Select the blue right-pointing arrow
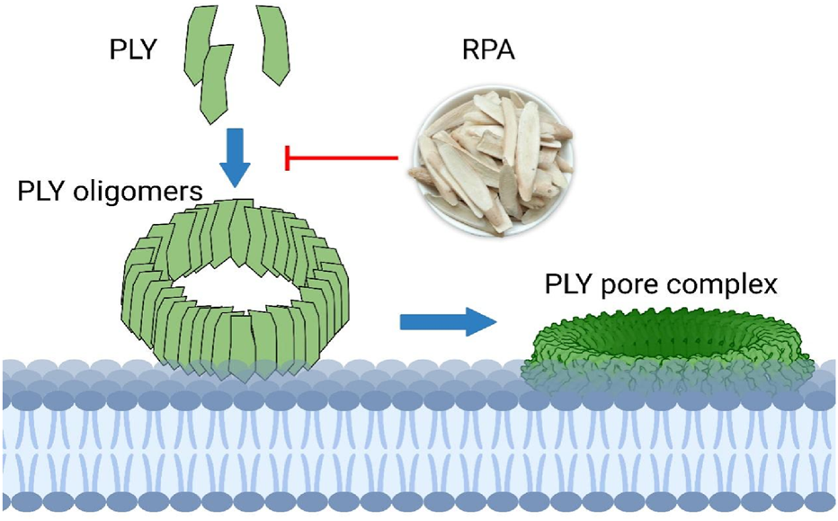point(447,320)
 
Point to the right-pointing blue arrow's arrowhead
point(481,320)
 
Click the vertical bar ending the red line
point(287,157)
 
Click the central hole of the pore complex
point(670,340)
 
